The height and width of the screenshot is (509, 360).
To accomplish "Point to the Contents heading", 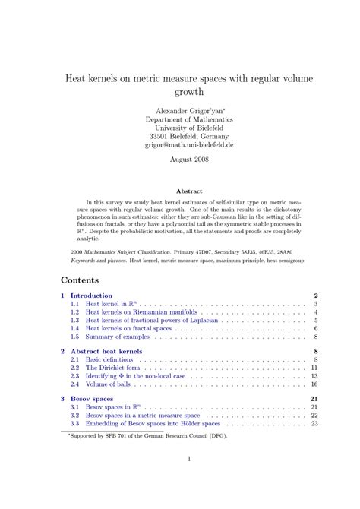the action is click(x=79, y=279).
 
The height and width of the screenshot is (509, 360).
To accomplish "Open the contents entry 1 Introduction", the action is click(x=91, y=296).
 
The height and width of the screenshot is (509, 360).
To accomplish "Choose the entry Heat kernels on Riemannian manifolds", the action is click(x=142, y=312).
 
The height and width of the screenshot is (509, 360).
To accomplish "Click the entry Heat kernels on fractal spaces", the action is click(x=128, y=328).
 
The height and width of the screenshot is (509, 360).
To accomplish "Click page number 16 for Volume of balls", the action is click(x=314, y=384).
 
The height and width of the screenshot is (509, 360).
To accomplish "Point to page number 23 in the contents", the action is click(x=314, y=424).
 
